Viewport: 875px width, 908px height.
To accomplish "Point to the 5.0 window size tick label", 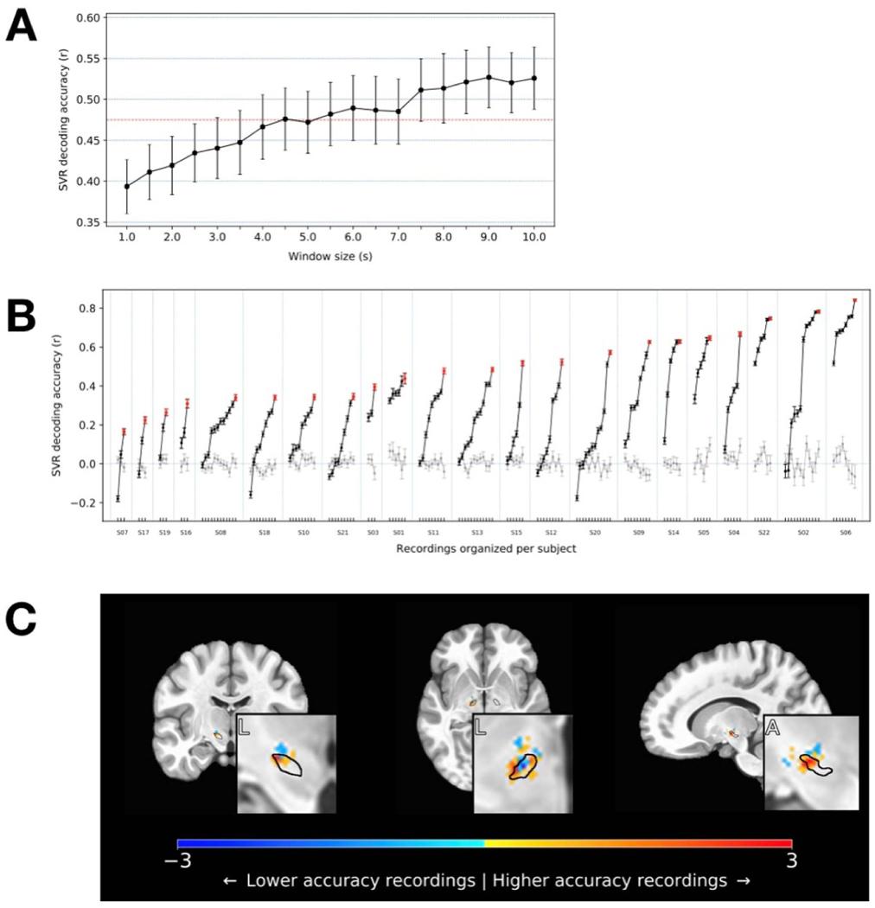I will [x=307, y=236].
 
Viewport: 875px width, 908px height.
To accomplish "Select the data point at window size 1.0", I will [x=127, y=186].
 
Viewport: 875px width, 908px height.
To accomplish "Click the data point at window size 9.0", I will [x=489, y=77].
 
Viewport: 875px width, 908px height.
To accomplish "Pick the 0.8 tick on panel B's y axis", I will [x=85, y=308].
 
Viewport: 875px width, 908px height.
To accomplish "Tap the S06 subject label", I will [x=845, y=534].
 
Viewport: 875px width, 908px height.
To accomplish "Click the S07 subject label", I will [x=122, y=534].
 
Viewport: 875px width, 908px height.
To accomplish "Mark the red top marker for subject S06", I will [x=854, y=301].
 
